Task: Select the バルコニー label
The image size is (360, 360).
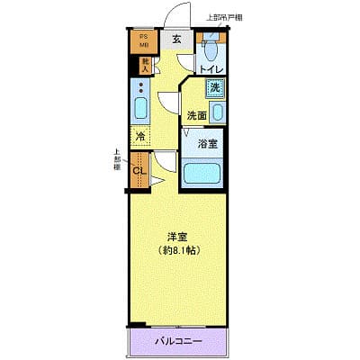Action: tap(177, 341)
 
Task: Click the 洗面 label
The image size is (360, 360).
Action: tap(197, 115)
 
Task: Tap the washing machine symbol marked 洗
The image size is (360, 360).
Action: tap(214, 88)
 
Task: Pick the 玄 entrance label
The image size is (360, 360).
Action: tap(176, 39)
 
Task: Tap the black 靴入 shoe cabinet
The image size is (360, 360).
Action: tap(142, 64)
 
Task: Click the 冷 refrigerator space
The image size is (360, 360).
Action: tap(140, 138)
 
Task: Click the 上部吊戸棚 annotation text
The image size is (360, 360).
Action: tap(227, 17)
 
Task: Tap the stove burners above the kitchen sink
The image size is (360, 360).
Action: tap(140, 90)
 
